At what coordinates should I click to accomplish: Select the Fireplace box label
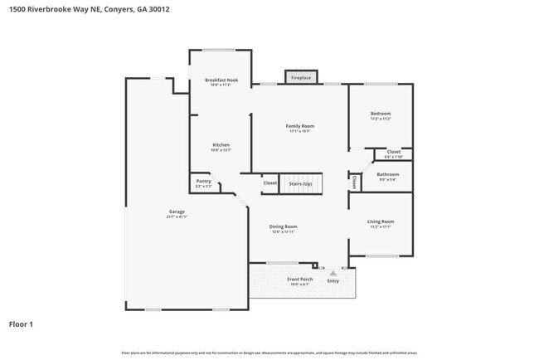click(300, 78)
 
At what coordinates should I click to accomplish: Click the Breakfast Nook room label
click(221, 80)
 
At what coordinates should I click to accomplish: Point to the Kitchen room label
click(221, 144)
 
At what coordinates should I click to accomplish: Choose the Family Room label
click(300, 126)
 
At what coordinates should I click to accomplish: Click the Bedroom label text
click(381, 114)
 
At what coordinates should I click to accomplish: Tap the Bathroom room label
click(388, 174)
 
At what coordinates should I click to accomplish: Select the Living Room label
click(381, 221)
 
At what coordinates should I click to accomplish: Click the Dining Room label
click(283, 226)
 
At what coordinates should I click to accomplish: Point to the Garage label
click(177, 212)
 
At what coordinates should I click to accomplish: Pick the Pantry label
click(203, 181)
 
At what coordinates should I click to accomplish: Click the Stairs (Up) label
click(300, 183)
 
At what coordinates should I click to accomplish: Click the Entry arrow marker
click(333, 271)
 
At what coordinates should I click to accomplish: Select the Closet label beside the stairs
click(270, 183)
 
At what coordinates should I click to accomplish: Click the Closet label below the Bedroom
click(393, 152)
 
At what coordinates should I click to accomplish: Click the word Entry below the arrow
click(333, 280)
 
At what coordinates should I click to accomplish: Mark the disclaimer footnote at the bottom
click(269, 352)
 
